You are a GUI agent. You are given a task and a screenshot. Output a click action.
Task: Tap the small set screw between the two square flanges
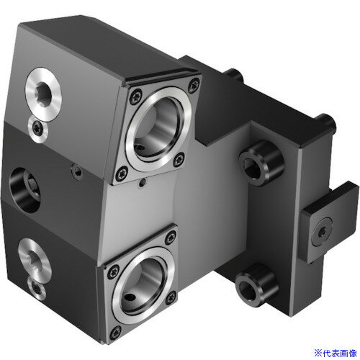(143, 184)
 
